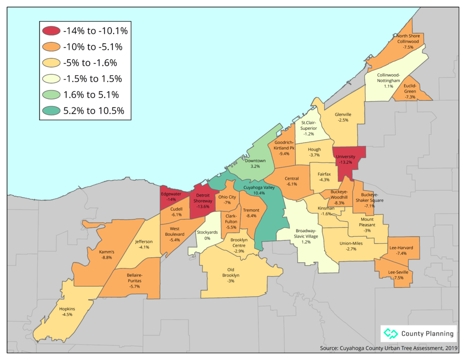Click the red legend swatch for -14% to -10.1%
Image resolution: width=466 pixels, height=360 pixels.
[51, 31]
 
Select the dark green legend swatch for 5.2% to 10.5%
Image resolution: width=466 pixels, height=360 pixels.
[51, 111]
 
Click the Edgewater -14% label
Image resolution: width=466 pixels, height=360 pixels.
[171, 196]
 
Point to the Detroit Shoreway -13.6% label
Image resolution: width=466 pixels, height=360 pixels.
[203, 201]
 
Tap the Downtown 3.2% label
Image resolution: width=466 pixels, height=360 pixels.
[255, 163]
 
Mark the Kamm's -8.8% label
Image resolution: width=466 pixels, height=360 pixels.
[106, 254]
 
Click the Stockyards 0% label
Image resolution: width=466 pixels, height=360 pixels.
[207, 235]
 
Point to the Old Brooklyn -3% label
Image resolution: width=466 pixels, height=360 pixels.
[231, 275]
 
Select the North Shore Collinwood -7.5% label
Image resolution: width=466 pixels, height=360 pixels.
[408, 41]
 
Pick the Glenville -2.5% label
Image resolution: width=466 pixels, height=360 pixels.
[343, 117]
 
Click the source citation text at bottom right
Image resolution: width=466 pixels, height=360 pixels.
[389, 348]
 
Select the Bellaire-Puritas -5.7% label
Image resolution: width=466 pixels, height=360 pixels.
[135, 278]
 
